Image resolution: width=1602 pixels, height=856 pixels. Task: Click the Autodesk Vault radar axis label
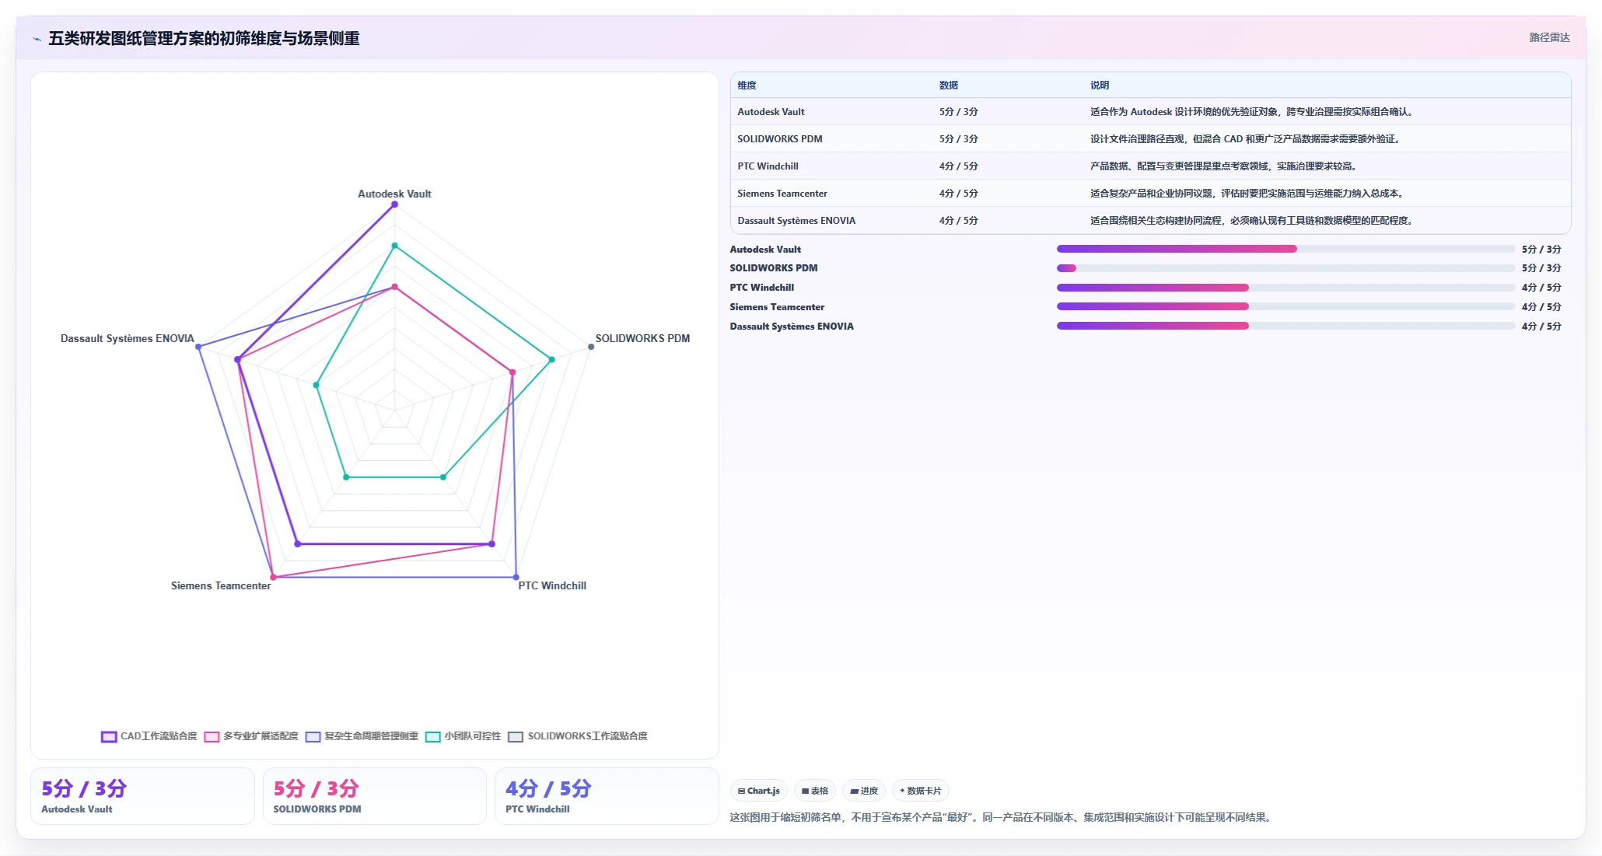394,194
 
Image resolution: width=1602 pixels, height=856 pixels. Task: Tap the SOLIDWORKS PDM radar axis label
642,338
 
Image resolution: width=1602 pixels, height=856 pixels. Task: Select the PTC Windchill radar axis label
552,585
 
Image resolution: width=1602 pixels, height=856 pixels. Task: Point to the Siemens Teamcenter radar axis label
221,585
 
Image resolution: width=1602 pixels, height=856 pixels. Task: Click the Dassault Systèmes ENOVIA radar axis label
128,338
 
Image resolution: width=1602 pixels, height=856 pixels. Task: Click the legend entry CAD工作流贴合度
149,736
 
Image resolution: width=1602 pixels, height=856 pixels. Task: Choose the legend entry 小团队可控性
463,736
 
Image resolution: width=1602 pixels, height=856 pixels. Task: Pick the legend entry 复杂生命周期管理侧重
362,736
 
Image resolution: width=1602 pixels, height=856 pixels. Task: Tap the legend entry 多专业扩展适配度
251,736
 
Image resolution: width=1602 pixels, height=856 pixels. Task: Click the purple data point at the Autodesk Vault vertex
394,204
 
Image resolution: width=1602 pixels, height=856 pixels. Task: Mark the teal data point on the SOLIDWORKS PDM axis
551,359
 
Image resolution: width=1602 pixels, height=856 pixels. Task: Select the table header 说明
1100,86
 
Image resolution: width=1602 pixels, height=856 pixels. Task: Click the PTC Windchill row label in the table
768,166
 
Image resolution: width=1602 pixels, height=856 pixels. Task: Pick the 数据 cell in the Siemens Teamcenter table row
958,194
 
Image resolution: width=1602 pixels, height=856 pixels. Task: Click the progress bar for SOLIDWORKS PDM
1285,268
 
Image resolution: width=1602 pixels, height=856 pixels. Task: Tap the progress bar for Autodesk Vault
1285,249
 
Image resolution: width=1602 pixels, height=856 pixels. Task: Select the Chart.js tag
759,791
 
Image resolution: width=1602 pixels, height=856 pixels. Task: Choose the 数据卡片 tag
921,791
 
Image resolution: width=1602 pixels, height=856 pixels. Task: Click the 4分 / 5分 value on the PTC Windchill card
548,788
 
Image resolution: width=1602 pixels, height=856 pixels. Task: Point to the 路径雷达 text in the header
1549,37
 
